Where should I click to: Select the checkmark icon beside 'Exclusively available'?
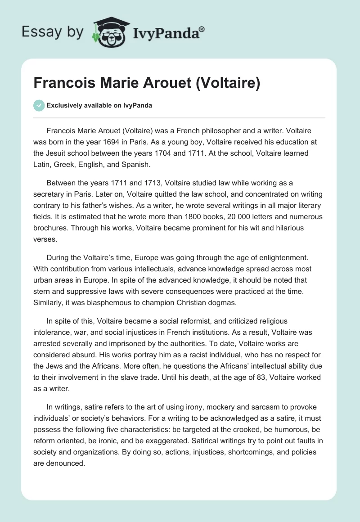point(39,105)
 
